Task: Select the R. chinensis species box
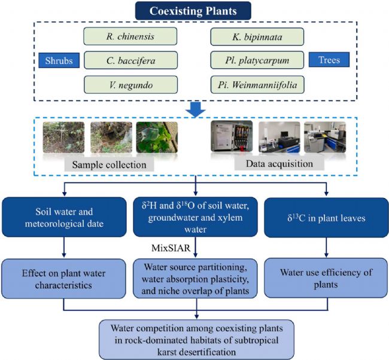click(130, 36)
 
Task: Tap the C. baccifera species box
click(130, 59)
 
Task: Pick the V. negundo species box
click(130, 84)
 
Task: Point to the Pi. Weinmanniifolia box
click(257, 84)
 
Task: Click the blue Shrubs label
click(58, 60)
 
